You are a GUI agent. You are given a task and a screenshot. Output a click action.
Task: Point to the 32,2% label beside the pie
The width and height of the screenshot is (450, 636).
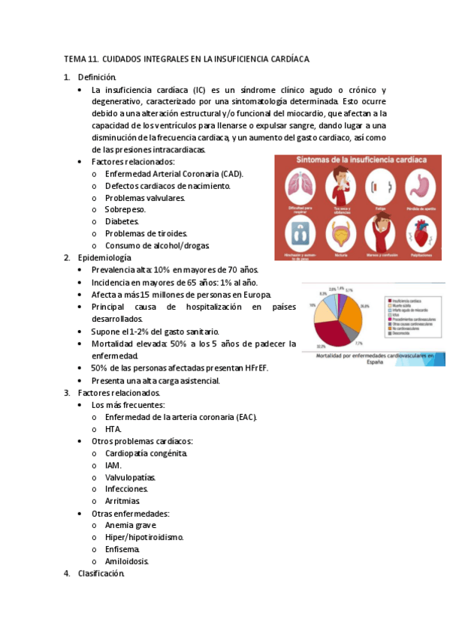tap(321, 346)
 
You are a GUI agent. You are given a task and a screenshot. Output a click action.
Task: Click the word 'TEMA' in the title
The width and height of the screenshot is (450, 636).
tap(75, 58)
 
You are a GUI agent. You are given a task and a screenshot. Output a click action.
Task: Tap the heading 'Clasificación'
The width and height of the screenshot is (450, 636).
tap(101, 574)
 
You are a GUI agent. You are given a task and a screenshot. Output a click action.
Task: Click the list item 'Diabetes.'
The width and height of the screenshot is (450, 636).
tap(122, 221)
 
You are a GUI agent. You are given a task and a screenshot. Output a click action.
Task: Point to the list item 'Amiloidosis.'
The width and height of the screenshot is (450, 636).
tap(127, 561)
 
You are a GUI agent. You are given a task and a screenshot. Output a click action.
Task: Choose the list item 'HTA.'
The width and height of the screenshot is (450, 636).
tap(113, 429)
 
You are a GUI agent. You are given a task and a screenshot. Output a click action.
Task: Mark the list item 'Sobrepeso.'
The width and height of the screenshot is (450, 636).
tap(125, 209)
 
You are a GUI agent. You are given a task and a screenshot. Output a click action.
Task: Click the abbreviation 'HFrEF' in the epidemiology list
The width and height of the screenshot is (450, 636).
tap(256, 368)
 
